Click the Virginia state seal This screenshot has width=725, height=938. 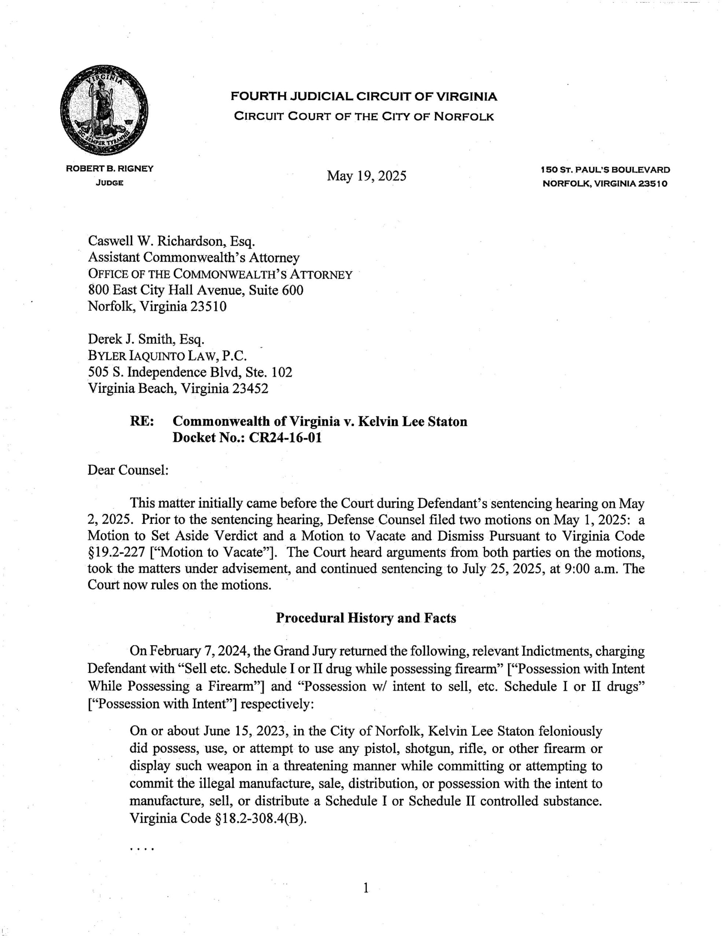tap(104, 110)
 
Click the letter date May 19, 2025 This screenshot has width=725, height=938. tap(366, 176)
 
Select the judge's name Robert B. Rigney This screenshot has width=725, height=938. tap(110, 169)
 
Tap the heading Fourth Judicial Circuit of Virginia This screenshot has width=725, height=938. tap(364, 97)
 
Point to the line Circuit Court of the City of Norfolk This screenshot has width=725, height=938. tap(364, 117)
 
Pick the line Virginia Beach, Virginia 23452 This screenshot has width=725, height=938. tap(178, 388)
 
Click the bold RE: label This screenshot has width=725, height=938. tap(142, 421)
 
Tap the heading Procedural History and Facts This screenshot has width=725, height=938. tap(366, 618)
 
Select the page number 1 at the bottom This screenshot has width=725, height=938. tap(366, 888)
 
